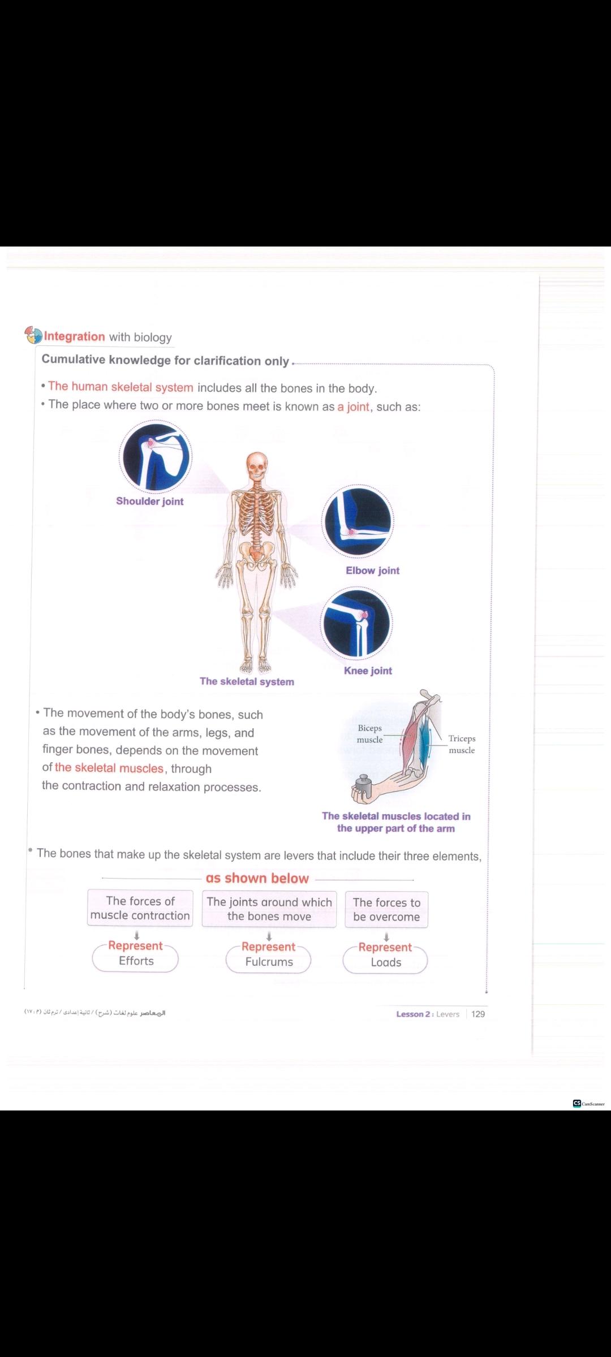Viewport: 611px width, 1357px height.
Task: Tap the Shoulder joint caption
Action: [150, 501]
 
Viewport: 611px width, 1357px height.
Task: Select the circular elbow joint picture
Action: [358, 521]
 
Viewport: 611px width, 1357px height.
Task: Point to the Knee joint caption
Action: [368, 671]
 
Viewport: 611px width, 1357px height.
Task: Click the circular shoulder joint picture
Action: [156, 456]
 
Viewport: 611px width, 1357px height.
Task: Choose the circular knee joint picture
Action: [356, 624]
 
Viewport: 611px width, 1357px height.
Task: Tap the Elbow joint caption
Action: [373, 571]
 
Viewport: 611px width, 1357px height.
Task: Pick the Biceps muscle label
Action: [370, 734]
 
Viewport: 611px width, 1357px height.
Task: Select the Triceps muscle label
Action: [462, 744]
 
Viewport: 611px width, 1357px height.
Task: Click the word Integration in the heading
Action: [75, 336]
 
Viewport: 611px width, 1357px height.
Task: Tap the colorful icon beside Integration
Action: [33, 335]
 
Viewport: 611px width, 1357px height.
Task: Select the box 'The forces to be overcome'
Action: [386, 909]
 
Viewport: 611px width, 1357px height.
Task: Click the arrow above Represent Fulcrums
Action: [269, 936]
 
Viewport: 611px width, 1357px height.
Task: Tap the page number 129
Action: [478, 1014]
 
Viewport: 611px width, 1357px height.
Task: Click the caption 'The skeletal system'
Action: [247, 681]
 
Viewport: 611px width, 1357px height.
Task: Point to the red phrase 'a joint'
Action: [354, 407]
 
